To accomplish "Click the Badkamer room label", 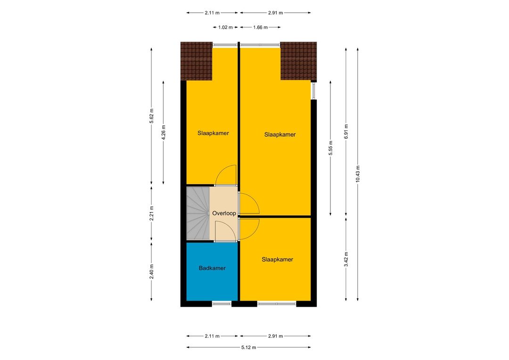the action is [212, 268].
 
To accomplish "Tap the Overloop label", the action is [224, 213].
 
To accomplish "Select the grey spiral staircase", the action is [197, 213].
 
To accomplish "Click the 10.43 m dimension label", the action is [358, 174].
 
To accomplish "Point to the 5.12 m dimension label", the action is [248, 347].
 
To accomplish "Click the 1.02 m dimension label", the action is [225, 27].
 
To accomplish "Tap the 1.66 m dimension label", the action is [260, 27].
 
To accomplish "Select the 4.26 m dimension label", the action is [163, 132].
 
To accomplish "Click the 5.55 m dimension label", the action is [330, 147].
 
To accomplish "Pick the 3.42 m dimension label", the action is [346, 259].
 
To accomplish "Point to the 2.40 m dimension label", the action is [151, 271].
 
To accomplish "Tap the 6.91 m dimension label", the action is [346, 131].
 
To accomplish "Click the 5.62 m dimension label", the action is [151, 116].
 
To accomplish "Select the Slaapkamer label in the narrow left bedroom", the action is [213, 133].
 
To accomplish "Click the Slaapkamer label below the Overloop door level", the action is [277, 259].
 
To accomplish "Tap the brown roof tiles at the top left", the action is [197, 61].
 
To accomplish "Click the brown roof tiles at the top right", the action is [299, 61].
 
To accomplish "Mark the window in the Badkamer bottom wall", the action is [222, 304].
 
